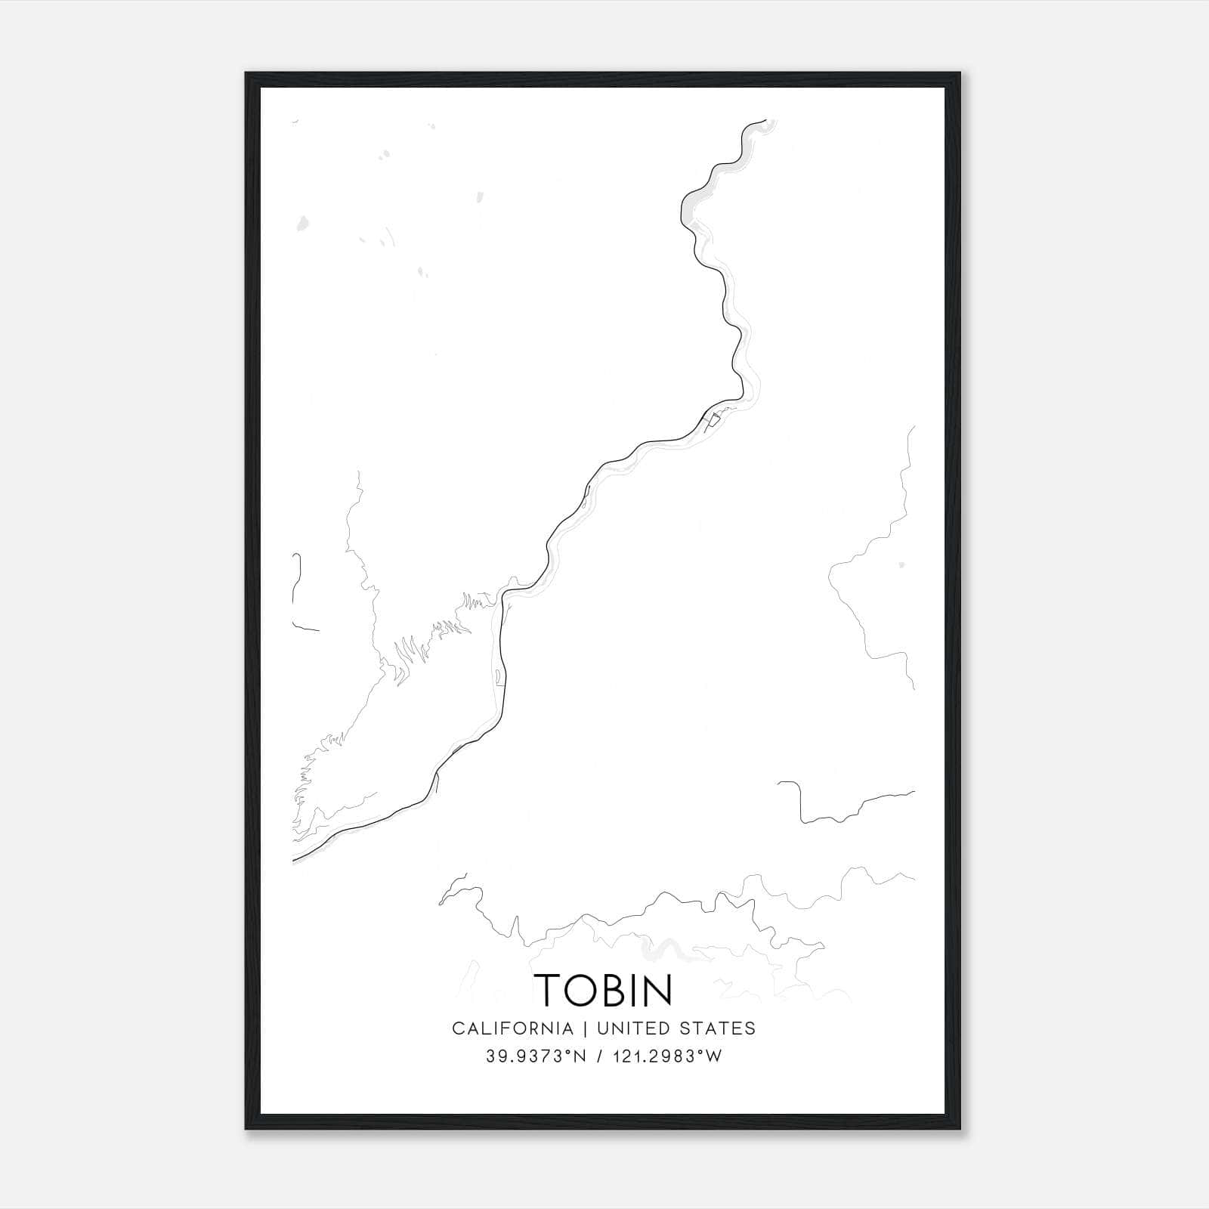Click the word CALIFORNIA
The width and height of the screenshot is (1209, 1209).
pos(512,1028)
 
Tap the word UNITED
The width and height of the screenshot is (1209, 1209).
pos(633,1028)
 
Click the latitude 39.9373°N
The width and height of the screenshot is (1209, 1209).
pos(536,1056)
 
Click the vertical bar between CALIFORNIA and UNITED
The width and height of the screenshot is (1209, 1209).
pos(585,1028)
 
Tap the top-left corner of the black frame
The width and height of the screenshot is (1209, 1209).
pos(247,74)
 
